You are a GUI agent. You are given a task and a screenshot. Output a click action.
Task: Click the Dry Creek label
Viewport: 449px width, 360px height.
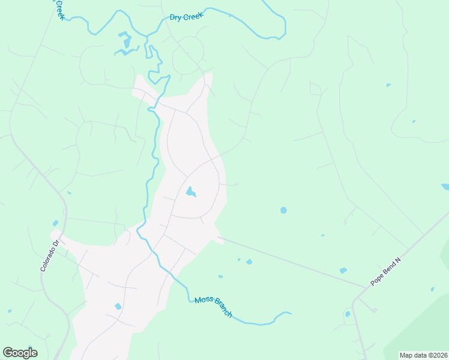pyautogui.click(x=187, y=17)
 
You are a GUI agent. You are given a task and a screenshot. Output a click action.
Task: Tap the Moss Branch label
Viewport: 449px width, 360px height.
pyautogui.click(x=213, y=307)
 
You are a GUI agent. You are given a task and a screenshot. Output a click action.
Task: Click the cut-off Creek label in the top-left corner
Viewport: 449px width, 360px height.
pyautogui.click(x=59, y=9)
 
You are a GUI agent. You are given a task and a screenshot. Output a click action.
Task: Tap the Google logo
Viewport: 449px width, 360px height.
pyautogui.click(x=20, y=353)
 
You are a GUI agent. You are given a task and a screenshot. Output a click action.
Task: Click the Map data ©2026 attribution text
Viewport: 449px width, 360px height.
pyautogui.click(x=423, y=355)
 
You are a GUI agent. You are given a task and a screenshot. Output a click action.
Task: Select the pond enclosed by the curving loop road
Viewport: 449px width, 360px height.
pyautogui.click(x=190, y=192)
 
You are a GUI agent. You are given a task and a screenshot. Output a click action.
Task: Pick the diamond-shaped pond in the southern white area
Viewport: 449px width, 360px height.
pyautogui.click(x=118, y=307)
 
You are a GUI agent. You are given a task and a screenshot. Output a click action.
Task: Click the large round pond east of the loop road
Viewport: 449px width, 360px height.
pyautogui.click(x=283, y=211)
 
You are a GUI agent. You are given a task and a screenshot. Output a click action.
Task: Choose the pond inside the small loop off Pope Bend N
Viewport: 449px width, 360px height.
pyautogui.click(x=348, y=314)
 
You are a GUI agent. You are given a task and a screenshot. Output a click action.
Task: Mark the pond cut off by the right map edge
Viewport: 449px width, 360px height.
pyautogui.click(x=445, y=187)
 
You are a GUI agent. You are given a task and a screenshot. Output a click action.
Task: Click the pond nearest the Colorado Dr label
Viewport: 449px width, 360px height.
pyautogui.click(x=55, y=224)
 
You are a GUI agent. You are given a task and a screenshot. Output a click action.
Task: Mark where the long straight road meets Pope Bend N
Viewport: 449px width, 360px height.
pyautogui.click(x=365, y=287)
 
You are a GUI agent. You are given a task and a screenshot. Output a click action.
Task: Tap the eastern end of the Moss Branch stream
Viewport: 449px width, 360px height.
pyautogui.click(x=290, y=313)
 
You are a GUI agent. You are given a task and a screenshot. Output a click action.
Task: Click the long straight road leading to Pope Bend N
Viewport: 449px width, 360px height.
pyautogui.click(x=288, y=261)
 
